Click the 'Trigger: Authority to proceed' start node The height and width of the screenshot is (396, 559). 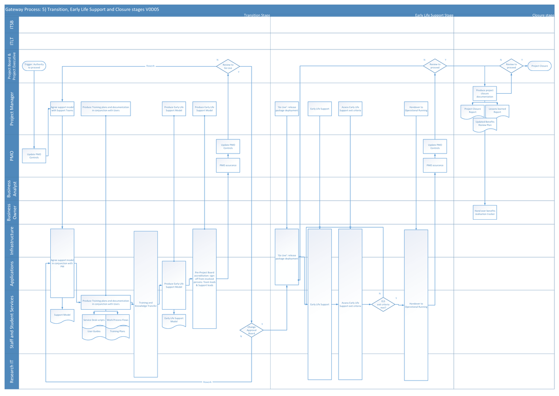34,66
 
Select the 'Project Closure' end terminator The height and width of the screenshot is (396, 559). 540,66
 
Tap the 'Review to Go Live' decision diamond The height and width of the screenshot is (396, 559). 228,66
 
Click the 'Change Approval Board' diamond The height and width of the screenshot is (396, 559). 252,330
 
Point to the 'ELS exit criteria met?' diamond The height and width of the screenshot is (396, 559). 383,305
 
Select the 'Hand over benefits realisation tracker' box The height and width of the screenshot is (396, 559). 485,212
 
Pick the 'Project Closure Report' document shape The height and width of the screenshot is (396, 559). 473,111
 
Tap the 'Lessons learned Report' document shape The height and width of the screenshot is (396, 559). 497,111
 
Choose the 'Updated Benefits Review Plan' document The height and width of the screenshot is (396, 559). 485,124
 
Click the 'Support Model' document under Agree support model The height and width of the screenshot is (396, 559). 62,316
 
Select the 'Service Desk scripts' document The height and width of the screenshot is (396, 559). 94,321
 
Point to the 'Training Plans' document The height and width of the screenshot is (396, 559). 118,332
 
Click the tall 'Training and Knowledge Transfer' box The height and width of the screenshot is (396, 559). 146,304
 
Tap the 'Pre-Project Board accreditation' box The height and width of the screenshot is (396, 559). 205,278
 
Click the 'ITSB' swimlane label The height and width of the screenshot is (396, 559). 12,24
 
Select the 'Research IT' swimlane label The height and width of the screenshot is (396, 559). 12,370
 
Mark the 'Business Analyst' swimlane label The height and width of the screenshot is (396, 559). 12,188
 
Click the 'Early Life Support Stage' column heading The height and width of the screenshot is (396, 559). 434,15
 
